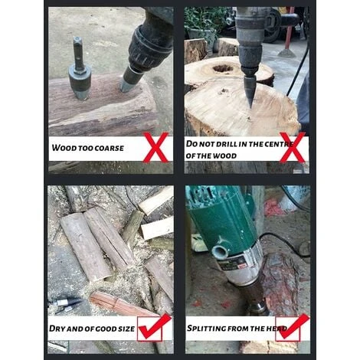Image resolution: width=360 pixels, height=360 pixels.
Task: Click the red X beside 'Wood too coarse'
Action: tap(156, 147)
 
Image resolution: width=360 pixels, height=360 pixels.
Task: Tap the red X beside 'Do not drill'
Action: tap(293, 147)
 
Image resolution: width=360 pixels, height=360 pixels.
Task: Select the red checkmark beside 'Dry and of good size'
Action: tap(154, 328)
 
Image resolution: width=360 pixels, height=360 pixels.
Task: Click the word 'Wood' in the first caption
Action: tap(61, 148)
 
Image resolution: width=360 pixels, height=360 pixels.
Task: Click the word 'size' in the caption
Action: tap(126, 329)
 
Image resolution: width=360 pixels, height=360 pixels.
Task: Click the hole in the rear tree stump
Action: tap(224, 68)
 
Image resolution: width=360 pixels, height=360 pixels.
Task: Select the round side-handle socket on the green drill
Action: tap(221, 251)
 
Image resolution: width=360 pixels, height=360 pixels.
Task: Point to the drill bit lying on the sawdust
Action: tap(64, 304)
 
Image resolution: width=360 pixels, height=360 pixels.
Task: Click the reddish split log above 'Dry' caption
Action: tap(120, 304)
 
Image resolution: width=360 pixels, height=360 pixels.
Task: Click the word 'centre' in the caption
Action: tap(278, 144)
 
